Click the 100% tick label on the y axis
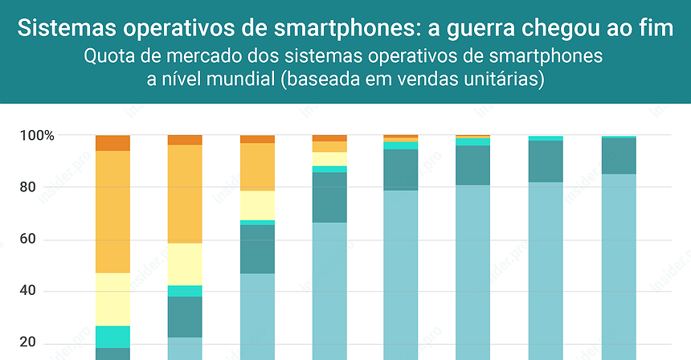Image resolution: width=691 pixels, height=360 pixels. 38,136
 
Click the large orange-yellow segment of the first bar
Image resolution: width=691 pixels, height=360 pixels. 112,211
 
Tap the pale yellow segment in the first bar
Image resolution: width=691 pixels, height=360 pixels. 112,299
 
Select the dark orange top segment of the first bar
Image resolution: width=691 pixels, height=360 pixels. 112,143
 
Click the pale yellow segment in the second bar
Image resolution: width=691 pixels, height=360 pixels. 185,264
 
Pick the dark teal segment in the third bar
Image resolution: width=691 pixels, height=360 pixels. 257,248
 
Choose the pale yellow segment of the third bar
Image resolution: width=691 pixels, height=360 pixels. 257,205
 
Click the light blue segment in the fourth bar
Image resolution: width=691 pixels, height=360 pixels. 329,289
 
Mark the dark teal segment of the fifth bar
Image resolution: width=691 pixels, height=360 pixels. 402,170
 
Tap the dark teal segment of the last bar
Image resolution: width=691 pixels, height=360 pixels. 619,155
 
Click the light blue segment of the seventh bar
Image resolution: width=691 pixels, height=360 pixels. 546,269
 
